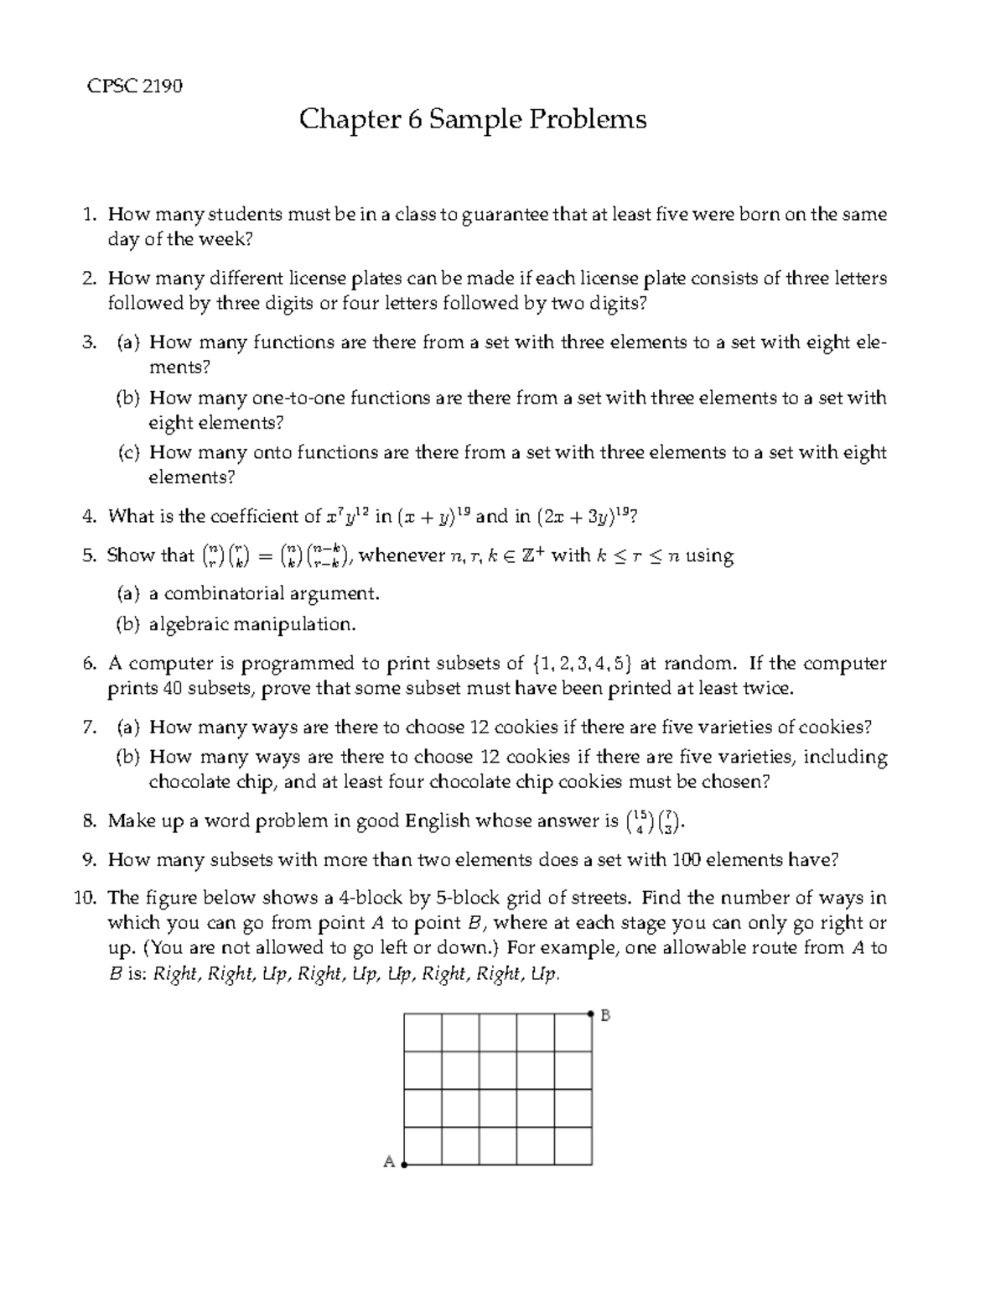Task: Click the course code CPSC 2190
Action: [135, 86]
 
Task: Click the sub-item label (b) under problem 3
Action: [127, 398]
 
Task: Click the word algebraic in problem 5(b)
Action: [189, 624]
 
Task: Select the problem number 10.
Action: [86, 898]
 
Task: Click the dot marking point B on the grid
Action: [592, 1014]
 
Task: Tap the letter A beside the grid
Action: [389, 1162]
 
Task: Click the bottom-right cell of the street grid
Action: [573, 1146]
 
